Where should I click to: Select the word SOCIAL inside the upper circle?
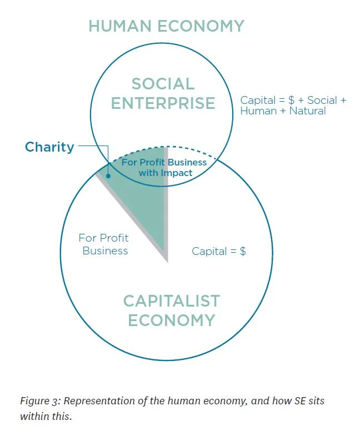click(163, 84)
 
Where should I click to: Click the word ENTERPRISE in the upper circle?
click(163, 103)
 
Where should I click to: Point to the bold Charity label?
click(49, 147)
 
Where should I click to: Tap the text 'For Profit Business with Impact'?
click(164, 168)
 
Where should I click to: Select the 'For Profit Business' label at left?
click(104, 244)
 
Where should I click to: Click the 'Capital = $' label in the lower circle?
click(219, 251)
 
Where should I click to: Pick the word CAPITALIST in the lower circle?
click(171, 301)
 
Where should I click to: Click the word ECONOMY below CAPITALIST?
click(171, 320)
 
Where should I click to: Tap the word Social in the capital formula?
click(322, 101)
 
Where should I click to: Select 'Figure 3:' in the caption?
click(39, 401)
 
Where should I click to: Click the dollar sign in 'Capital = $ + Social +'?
click(291, 101)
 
